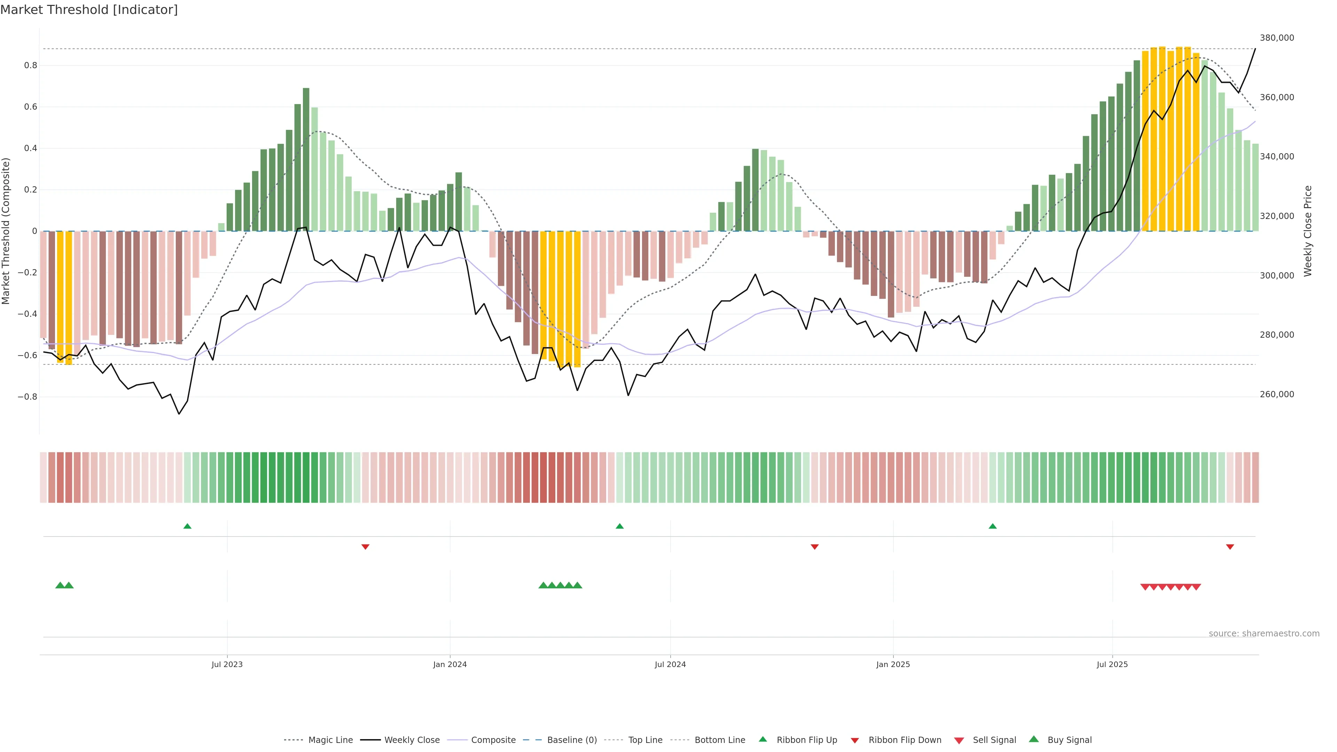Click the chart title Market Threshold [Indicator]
(89, 10)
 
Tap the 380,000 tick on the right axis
(1277, 38)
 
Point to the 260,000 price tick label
(1277, 394)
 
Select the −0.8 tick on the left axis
(28, 397)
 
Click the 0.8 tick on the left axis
(31, 65)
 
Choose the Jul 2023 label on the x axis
(227, 664)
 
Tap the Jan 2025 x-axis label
(893, 664)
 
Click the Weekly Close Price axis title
(1307, 231)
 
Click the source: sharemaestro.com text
(1264, 634)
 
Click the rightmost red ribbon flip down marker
(1229, 547)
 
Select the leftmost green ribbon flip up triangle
(187, 526)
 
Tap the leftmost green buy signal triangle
(60, 585)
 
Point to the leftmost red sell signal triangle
(1144, 587)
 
